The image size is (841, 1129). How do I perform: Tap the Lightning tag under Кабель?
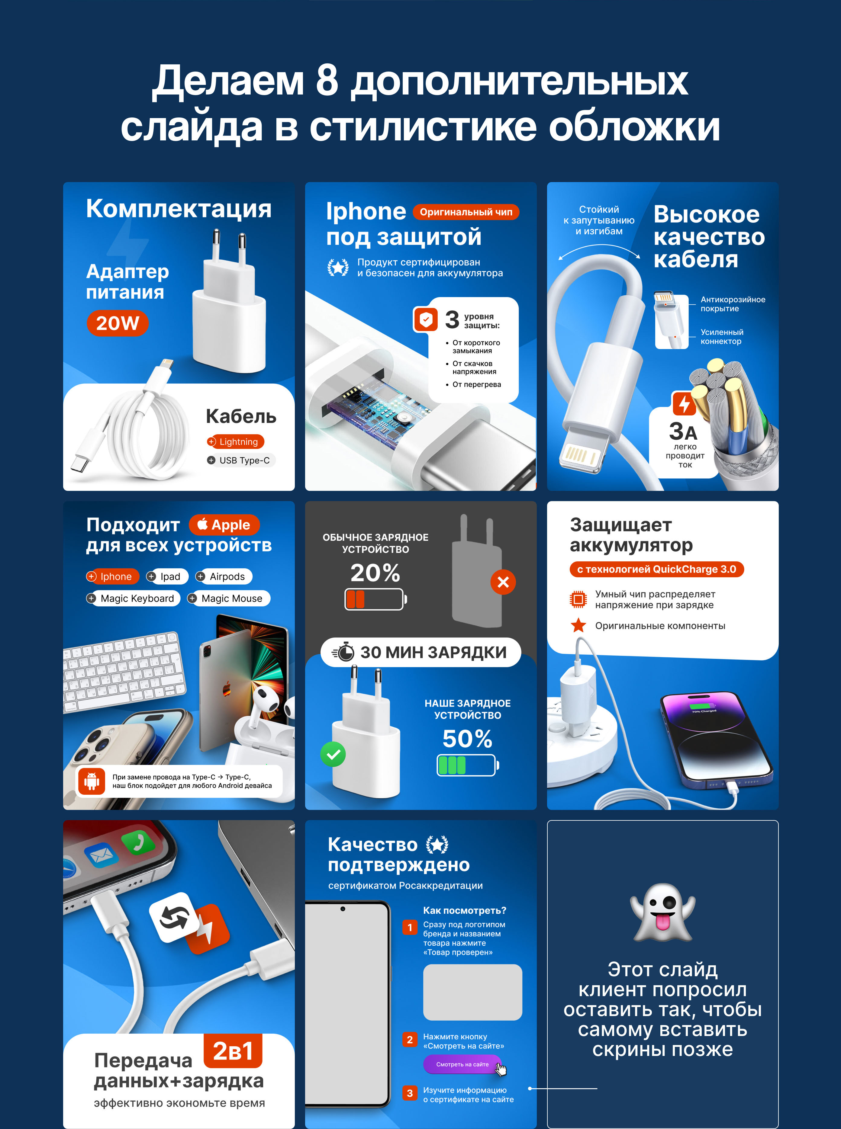point(235,442)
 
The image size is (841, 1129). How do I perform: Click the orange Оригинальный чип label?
point(466,212)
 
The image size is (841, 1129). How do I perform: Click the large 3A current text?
point(683,431)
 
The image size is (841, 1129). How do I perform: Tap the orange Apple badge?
point(224,524)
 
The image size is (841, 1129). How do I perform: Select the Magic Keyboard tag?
point(133,598)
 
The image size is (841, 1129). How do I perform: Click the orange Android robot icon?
point(92,781)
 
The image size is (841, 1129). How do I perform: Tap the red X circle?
point(503,582)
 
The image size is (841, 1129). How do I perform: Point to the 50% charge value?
point(467,739)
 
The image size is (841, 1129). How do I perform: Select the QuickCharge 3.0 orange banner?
point(657,569)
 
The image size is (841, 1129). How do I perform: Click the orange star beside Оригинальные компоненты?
point(578,625)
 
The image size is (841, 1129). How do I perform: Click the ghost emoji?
point(663,912)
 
